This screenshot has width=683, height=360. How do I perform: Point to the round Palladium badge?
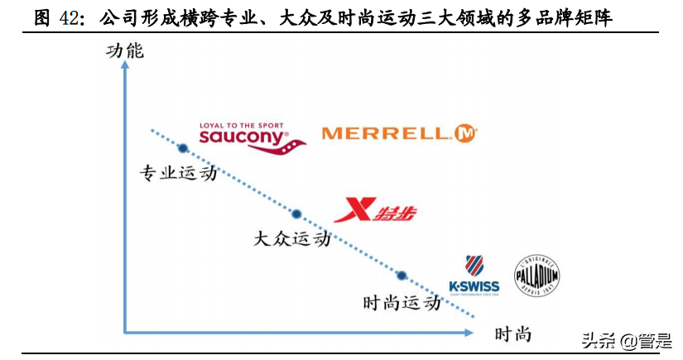(537, 274)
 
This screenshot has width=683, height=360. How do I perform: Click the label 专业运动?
(177, 174)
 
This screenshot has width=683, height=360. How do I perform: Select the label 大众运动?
(292, 239)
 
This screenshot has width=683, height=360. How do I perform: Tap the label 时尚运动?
(401, 303)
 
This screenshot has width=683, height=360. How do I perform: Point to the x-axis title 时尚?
(512, 334)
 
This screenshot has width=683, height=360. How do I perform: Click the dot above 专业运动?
(183, 149)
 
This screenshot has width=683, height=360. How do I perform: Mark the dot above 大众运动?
(297, 214)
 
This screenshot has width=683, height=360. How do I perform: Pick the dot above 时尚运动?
(402, 276)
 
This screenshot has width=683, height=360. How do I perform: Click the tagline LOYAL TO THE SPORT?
(240, 126)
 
